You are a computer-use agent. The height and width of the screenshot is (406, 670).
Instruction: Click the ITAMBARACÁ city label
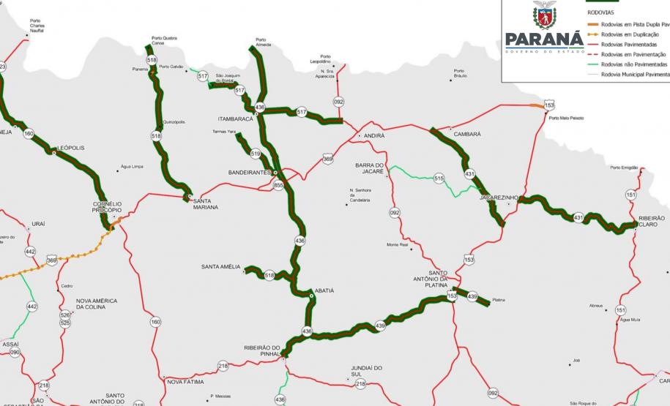coord(235,119)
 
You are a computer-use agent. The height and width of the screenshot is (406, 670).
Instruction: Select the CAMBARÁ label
coord(467,135)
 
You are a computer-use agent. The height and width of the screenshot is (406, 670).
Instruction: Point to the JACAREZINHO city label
coord(499,198)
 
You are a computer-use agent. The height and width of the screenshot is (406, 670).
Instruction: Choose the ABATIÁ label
coord(324,290)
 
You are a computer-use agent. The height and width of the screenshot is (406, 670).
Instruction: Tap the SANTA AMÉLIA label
coord(220,267)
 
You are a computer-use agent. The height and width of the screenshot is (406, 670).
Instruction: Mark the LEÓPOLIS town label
coord(70,148)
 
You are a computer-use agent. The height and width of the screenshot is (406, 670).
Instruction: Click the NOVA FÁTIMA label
coord(186,382)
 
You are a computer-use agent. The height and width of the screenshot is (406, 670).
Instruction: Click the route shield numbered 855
coord(278,186)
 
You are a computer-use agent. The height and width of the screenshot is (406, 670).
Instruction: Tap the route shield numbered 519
coord(255,154)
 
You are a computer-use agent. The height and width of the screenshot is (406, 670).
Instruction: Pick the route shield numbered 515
coord(439,178)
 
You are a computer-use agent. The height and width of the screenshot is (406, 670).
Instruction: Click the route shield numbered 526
coord(65,315)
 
